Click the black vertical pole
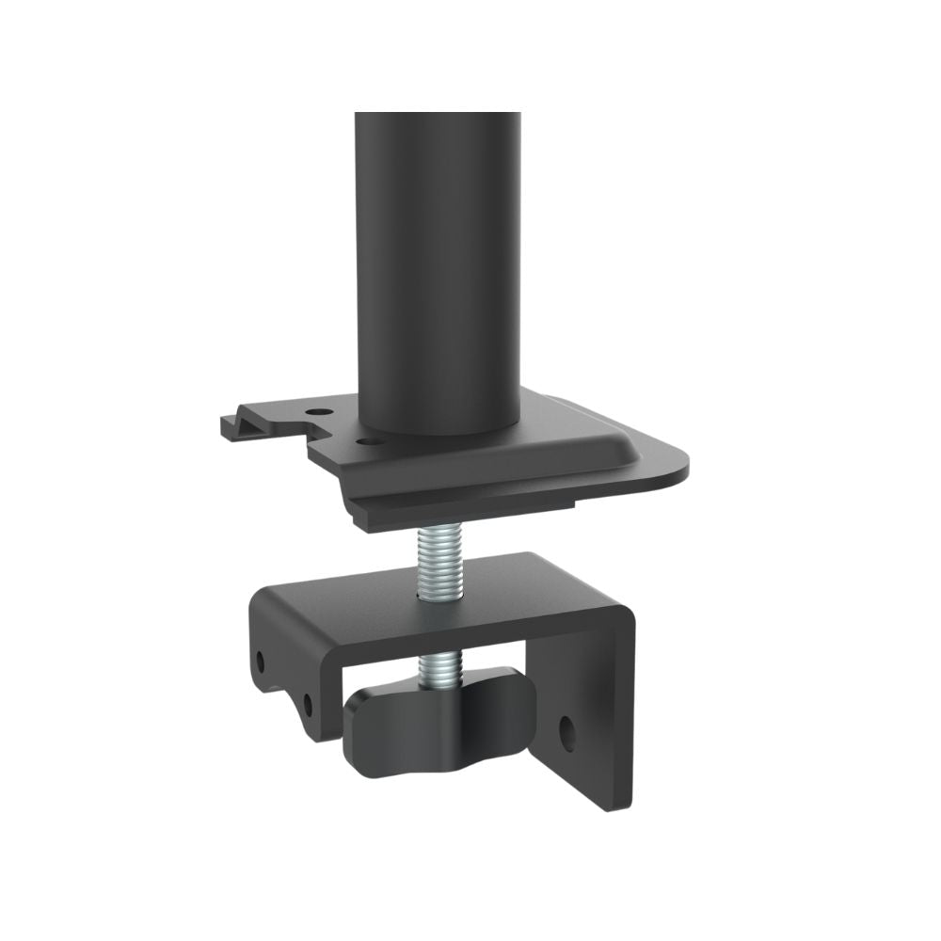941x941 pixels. point(438,263)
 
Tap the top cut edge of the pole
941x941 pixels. point(438,115)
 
